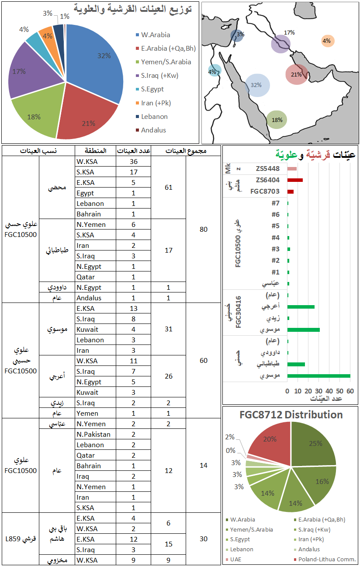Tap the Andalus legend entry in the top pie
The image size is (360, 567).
click(x=153, y=130)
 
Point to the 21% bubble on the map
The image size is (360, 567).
click(x=297, y=74)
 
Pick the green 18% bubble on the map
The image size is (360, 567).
click(x=277, y=119)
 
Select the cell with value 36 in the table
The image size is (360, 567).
click(x=133, y=162)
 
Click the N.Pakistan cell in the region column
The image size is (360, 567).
click(x=93, y=434)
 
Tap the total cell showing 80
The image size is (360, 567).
click(x=203, y=230)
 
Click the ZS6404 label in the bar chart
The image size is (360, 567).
click(x=268, y=180)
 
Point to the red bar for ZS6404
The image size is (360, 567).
click(x=295, y=180)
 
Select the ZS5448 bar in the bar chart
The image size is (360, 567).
click(x=292, y=169)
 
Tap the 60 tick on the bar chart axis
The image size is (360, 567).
click(x=350, y=391)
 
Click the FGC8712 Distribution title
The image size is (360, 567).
click(x=291, y=414)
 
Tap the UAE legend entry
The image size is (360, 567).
click(x=236, y=559)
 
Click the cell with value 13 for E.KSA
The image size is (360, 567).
click(x=133, y=309)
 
